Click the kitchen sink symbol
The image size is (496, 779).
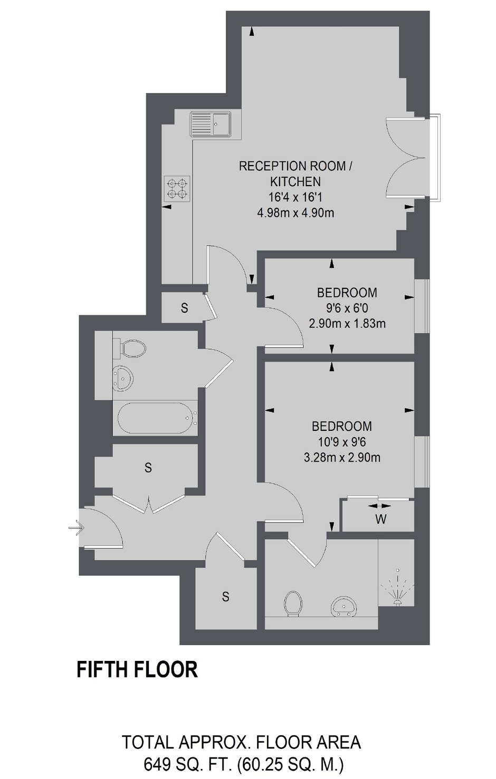211,124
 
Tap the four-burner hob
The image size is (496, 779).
178,188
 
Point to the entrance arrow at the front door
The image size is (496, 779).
76,529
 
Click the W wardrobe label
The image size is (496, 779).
381,520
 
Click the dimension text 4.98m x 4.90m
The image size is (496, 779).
295,213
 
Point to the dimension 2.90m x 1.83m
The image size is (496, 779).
347,323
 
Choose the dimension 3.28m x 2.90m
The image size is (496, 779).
342,457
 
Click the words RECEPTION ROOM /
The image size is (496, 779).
295,166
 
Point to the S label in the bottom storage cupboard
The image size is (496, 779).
226,597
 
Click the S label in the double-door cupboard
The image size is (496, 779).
148,468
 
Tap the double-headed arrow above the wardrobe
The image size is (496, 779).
379,506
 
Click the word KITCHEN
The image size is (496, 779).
295,181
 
